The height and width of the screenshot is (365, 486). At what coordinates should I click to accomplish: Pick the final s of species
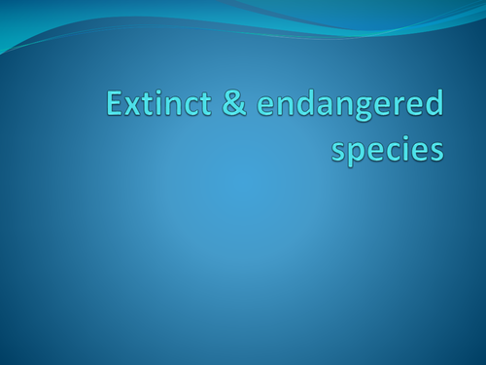pos(436,153)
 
